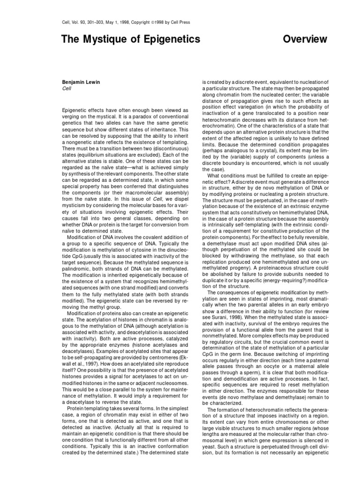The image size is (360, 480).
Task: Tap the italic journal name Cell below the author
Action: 66,88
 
